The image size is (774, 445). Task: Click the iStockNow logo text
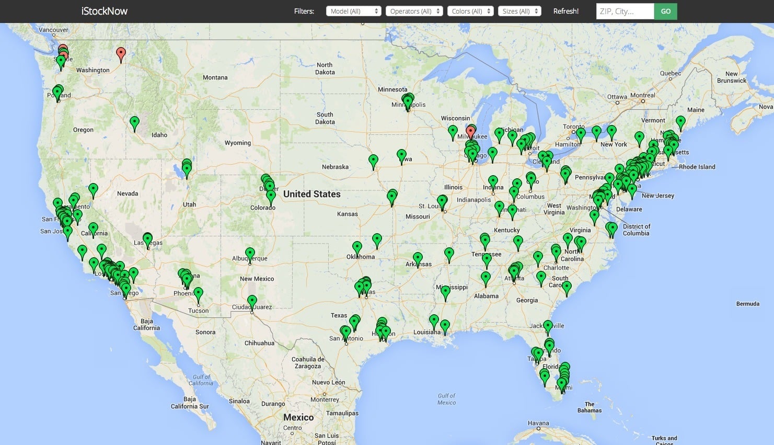105,11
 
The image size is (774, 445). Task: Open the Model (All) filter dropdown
353,11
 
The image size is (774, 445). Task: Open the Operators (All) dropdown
414,11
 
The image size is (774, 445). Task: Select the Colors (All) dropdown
470,11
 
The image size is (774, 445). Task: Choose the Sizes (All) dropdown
519,11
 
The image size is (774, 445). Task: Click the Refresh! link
566,11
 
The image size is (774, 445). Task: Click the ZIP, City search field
625,11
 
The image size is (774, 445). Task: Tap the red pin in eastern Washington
121,53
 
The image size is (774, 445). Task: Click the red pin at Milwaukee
470,131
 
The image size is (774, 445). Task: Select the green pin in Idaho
134,122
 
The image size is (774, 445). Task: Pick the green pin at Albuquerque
250,254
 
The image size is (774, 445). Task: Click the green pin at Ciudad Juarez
252,302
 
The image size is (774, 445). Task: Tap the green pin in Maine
680,122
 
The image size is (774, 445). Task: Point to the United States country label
311,194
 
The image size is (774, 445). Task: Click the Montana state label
215,77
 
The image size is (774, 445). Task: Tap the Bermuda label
747,304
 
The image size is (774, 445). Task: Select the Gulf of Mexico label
447,399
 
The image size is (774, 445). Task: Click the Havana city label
538,423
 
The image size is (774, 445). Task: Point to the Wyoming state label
238,143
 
